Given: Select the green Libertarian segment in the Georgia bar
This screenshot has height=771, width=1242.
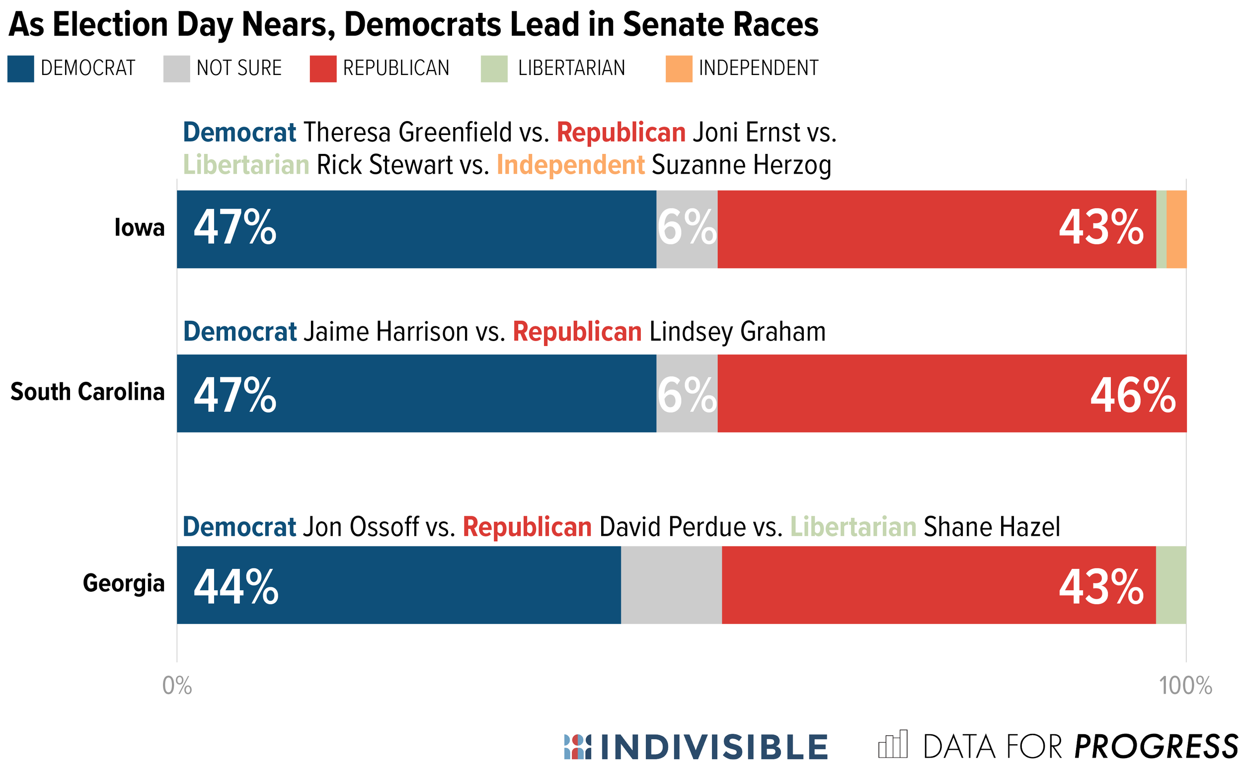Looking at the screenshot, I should coord(1170,585).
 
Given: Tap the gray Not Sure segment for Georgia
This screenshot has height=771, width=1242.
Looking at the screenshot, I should coord(672,585).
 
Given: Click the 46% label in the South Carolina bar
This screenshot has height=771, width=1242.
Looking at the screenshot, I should coord(1132,396).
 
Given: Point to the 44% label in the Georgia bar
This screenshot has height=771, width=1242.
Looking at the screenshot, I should coord(236,587).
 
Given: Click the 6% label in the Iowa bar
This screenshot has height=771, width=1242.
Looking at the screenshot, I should coord(687,228).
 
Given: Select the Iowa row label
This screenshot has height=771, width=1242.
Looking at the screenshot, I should coord(139,228).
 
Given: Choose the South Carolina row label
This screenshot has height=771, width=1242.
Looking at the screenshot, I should coord(87,392).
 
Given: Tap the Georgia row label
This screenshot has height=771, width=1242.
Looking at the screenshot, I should coord(124,583).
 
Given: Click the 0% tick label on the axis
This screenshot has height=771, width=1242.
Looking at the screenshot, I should coord(177,686).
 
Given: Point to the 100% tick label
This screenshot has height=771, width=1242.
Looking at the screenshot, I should coord(1185,686).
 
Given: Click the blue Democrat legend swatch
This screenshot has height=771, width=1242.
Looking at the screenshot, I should coord(20,69).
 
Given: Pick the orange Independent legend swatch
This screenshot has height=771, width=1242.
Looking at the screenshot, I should coord(679,69).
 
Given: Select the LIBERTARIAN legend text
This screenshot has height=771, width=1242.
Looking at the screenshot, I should coord(571,69).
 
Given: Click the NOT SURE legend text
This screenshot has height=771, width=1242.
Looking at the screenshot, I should coord(239,69).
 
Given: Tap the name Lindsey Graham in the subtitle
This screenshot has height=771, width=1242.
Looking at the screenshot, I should coord(737,332).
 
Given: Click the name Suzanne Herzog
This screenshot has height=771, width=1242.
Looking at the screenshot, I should coord(741,166).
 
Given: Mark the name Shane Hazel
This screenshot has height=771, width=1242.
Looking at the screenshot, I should coord(992,527).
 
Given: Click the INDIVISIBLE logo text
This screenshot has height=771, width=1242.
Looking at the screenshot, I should coord(713,748).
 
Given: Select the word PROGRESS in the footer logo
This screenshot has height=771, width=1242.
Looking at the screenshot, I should coord(1156,748).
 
